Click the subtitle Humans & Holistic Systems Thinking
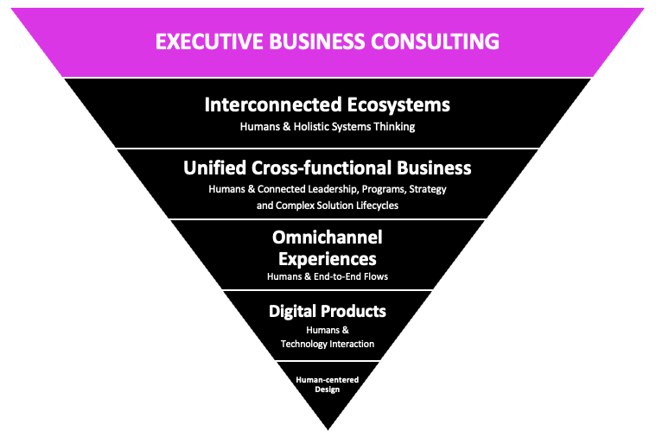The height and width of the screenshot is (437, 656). [328, 127]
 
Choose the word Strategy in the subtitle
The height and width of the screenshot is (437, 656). [426, 188]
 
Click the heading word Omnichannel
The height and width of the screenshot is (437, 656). [327, 237]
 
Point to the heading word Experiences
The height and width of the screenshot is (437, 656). [327, 257]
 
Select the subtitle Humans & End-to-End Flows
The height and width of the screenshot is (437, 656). [327, 277]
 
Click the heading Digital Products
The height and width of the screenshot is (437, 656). [327, 311]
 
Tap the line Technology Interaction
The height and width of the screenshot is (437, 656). [327, 344]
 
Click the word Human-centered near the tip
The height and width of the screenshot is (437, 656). [327, 378]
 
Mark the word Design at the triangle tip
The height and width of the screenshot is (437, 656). [327, 389]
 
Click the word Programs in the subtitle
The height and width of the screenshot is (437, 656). [380, 188]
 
